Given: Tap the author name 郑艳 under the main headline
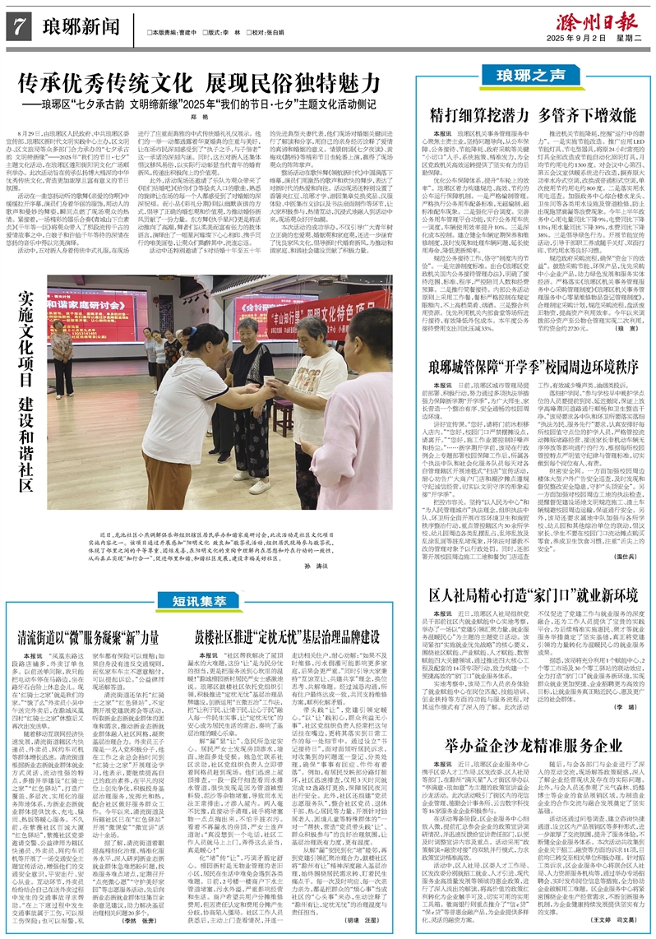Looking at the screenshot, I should [x=206, y=118].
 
